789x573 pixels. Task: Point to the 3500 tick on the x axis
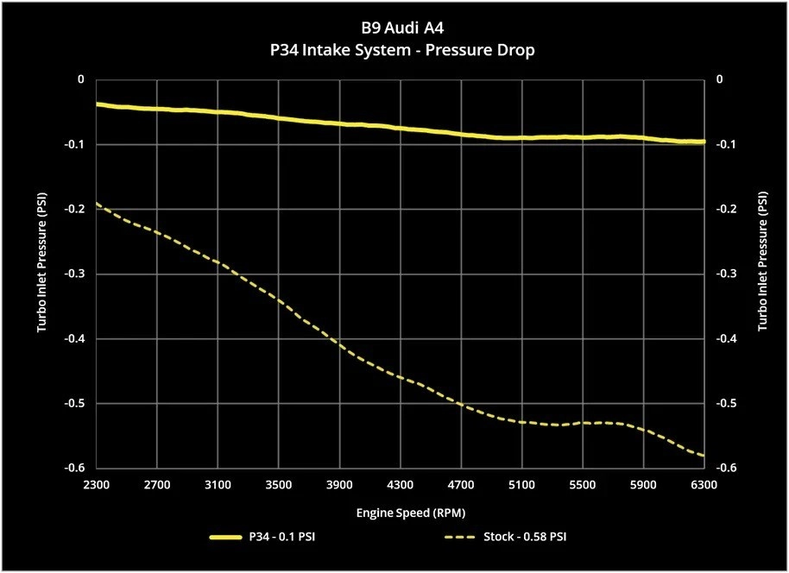(278, 485)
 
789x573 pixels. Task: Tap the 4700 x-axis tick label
(461, 485)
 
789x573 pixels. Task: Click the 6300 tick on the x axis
(704, 485)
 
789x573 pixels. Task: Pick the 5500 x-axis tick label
(583, 485)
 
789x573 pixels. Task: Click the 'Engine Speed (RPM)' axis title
(400, 513)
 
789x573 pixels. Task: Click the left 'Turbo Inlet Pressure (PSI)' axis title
(41, 274)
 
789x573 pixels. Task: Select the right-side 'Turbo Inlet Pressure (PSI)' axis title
(762, 274)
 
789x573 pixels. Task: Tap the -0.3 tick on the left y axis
(75, 274)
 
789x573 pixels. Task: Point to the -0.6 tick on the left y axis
(75, 468)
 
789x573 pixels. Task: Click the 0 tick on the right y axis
(718, 79)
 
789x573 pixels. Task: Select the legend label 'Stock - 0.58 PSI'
(524, 538)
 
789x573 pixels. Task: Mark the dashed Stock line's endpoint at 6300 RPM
(704, 456)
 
